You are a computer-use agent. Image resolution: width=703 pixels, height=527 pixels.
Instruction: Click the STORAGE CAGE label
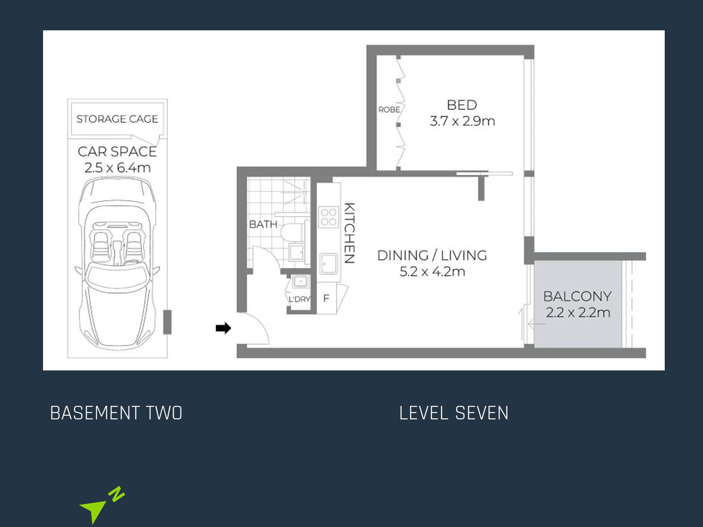pyautogui.click(x=117, y=119)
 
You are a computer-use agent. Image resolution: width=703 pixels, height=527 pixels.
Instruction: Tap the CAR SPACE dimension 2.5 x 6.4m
pyautogui.click(x=118, y=168)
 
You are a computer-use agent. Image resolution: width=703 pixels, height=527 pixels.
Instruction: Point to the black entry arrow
pyautogui.click(x=223, y=328)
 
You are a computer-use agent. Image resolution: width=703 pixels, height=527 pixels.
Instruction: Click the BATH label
pyautogui.click(x=263, y=224)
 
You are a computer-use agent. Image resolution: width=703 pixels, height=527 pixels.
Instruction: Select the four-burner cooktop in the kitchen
pyautogui.click(x=329, y=217)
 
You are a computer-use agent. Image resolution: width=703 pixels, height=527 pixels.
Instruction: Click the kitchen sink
pyautogui.click(x=329, y=264)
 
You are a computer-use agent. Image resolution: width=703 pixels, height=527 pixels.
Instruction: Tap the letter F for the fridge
pyautogui.click(x=326, y=298)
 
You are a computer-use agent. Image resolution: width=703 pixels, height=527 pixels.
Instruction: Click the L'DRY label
pyautogui.click(x=299, y=299)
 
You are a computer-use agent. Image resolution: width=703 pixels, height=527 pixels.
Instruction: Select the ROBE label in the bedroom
pyautogui.click(x=389, y=110)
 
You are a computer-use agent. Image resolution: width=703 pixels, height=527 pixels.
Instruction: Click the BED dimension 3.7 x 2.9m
pyautogui.click(x=462, y=121)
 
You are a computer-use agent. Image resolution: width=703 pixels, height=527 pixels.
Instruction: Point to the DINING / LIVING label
pyautogui.click(x=432, y=256)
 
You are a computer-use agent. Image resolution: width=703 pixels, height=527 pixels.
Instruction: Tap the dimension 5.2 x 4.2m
pyautogui.click(x=432, y=272)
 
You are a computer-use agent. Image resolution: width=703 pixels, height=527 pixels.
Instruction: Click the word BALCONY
pyautogui.click(x=577, y=296)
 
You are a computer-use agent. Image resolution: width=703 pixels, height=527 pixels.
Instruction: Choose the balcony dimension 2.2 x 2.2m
pyautogui.click(x=578, y=313)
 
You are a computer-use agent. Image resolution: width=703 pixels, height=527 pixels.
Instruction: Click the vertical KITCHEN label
pyautogui.click(x=350, y=233)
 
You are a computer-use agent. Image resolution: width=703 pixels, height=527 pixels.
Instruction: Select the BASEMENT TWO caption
pyautogui.click(x=116, y=413)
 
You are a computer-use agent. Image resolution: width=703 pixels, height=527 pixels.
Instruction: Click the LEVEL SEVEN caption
pyautogui.click(x=454, y=413)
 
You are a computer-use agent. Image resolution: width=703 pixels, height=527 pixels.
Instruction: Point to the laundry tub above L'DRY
pyautogui.click(x=300, y=282)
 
